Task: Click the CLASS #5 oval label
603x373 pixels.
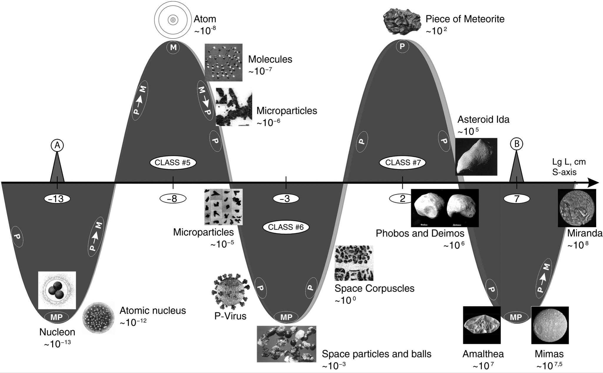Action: pyautogui.click(x=173, y=162)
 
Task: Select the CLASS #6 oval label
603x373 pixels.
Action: pyautogui.click(x=286, y=227)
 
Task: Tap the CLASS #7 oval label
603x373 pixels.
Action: pyautogui.click(x=402, y=162)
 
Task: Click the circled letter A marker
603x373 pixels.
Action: pyautogui.click(x=57, y=145)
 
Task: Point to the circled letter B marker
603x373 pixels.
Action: pyautogui.click(x=516, y=144)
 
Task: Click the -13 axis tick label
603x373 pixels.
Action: pyautogui.click(x=57, y=199)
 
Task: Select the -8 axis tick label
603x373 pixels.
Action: pyautogui.click(x=173, y=199)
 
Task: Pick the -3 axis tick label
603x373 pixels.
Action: pyautogui.click(x=286, y=199)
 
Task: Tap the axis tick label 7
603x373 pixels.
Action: pyautogui.click(x=517, y=199)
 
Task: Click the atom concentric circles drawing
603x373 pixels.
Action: pyautogui.click(x=173, y=20)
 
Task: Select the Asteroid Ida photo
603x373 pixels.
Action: pyautogui.click(x=476, y=156)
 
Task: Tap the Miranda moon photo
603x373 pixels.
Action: pyautogui.click(x=577, y=208)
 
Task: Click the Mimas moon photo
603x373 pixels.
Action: pyautogui.click(x=550, y=325)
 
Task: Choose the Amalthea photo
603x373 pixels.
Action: pyautogui.click(x=482, y=325)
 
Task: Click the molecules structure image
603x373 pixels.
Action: pyautogui.click(x=223, y=62)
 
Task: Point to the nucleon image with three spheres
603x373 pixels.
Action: pyautogui.click(x=57, y=290)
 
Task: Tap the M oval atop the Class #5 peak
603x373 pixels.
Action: pyautogui.click(x=173, y=47)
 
